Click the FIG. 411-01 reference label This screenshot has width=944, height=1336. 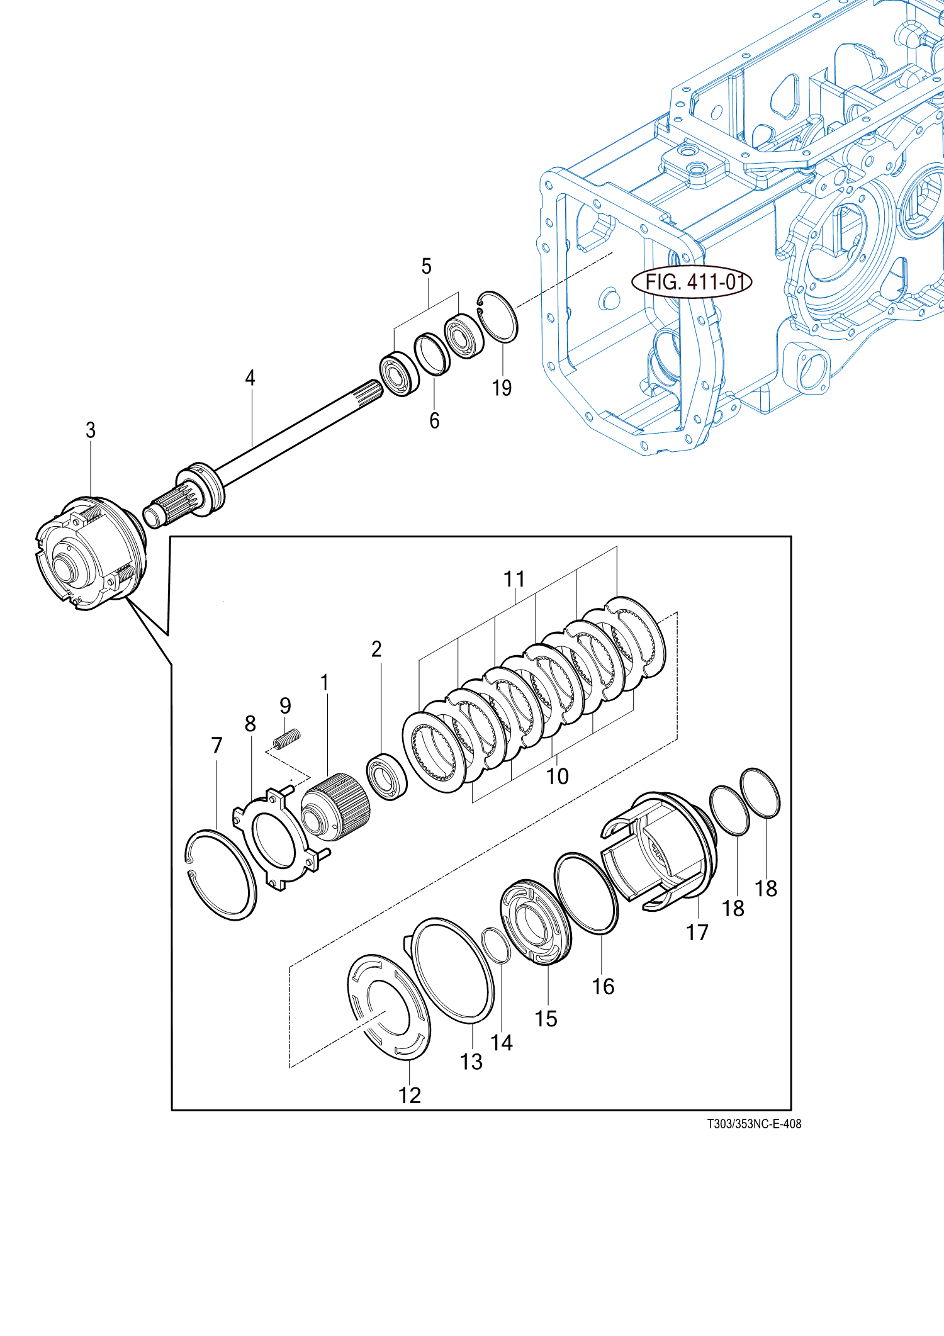click(692, 281)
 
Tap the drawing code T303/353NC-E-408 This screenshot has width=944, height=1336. click(754, 1123)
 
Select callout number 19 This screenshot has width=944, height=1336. click(502, 388)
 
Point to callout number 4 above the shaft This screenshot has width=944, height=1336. click(250, 378)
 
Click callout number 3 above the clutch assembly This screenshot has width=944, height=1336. click(91, 430)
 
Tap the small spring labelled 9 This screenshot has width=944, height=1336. click(287, 738)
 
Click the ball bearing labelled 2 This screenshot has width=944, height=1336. click(386, 777)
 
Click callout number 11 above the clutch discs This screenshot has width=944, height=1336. click(514, 579)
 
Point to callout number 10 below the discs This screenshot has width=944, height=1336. click(557, 776)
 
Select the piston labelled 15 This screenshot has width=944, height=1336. click(536, 922)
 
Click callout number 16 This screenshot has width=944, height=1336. click(603, 986)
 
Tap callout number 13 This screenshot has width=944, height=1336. click(471, 1062)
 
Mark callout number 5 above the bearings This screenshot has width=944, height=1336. click(426, 266)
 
